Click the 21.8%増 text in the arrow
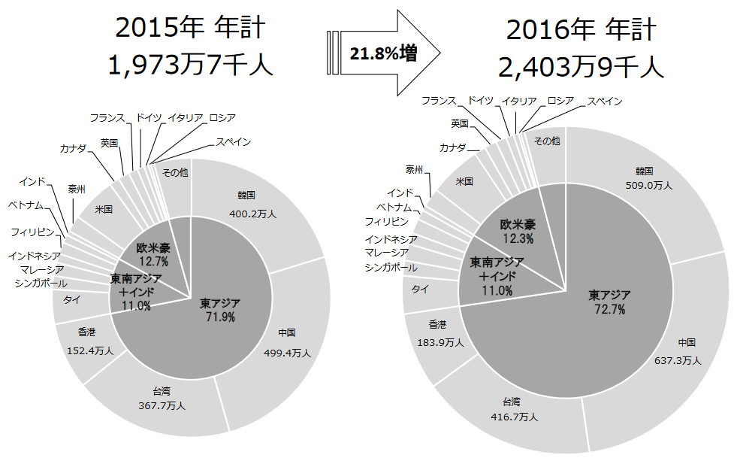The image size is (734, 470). pyautogui.click(x=382, y=53)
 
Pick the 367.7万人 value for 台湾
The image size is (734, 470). pyautogui.click(x=163, y=405)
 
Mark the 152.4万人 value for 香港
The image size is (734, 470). pyautogui.click(x=89, y=350)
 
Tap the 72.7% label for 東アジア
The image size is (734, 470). pyautogui.click(x=610, y=309)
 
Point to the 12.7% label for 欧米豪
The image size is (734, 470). pyautogui.click(x=153, y=261)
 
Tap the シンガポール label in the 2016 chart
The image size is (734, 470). pyautogui.click(x=391, y=268)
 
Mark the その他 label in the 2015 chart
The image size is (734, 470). pyautogui.click(x=174, y=172)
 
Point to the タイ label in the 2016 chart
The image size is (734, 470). pyautogui.click(x=419, y=289)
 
